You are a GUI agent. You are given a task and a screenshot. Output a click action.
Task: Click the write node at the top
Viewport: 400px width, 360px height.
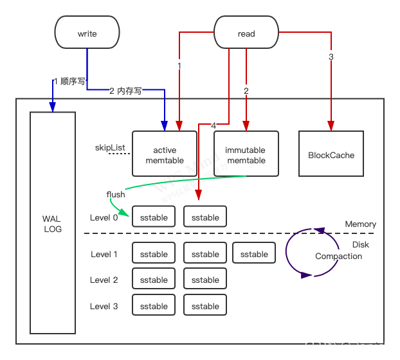click(x=87, y=33)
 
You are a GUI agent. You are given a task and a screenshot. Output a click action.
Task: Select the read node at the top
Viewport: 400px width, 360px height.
click(x=246, y=33)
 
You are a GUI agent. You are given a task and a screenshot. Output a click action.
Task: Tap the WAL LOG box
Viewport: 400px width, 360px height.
click(x=53, y=224)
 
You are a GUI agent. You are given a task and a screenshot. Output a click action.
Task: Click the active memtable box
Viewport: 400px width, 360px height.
click(x=165, y=154)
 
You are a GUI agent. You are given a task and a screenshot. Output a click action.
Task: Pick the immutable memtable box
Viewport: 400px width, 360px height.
click(x=246, y=154)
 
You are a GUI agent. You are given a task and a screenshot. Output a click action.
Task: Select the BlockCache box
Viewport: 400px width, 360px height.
click(x=331, y=154)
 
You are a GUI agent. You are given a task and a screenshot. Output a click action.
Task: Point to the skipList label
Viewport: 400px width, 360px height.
click(x=110, y=148)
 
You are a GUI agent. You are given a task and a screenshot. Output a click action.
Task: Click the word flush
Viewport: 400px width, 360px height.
click(x=116, y=194)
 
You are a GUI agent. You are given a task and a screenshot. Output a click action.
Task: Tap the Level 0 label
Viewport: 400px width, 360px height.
click(x=104, y=217)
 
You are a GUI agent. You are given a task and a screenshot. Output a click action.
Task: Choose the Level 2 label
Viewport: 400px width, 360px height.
click(x=104, y=280)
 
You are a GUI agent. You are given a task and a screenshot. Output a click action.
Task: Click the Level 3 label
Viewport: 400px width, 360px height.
click(x=104, y=306)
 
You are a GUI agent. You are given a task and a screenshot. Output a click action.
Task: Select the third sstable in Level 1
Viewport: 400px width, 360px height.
click(x=254, y=254)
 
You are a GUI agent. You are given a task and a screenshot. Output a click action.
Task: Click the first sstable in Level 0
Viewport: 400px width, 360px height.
click(x=154, y=217)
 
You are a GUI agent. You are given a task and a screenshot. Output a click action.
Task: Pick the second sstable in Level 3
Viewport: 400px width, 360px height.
click(x=205, y=306)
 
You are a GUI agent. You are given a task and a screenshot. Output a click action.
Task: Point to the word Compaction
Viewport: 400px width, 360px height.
click(x=338, y=256)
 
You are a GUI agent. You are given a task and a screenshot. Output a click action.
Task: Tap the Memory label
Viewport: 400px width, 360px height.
click(x=360, y=224)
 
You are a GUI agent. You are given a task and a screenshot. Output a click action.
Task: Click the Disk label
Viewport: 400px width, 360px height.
click(x=360, y=244)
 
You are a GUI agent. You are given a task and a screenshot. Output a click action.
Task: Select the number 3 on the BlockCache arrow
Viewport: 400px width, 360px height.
click(x=331, y=57)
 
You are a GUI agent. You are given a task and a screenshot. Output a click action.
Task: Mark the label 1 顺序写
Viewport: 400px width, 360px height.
click(x=69, y=81)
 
